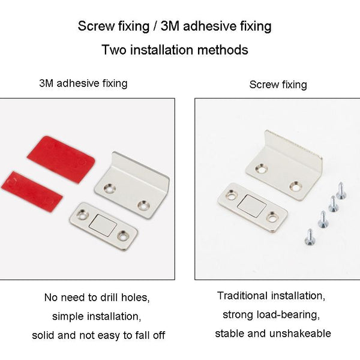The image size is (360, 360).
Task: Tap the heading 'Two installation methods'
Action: [175, 50]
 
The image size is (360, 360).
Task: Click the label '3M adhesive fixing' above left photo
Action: [83, 83]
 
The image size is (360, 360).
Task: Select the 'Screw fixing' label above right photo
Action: [278, 85]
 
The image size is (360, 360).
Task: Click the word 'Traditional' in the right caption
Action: [242, 296]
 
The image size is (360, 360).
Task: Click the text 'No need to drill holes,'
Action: [97, 297]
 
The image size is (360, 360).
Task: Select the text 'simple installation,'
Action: [97, 316]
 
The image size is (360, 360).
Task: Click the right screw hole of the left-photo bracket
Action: [143, 205]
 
